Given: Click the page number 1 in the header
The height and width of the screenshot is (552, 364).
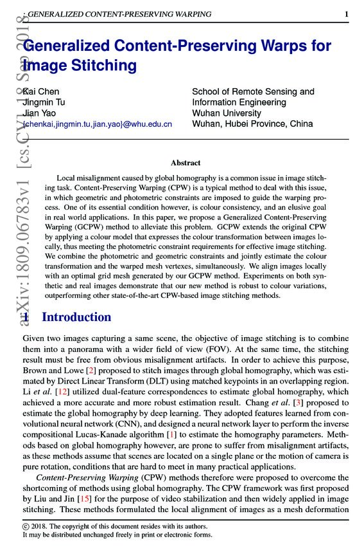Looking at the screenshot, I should [346, 14].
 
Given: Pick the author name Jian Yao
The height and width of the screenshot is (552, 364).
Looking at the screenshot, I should [40, 113].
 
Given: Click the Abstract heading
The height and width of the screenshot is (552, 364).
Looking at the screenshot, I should [186, 163].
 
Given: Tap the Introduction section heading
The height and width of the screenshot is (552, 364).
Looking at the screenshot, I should [76, 317].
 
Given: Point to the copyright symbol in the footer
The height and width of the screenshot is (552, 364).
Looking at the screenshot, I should [26, 526].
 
